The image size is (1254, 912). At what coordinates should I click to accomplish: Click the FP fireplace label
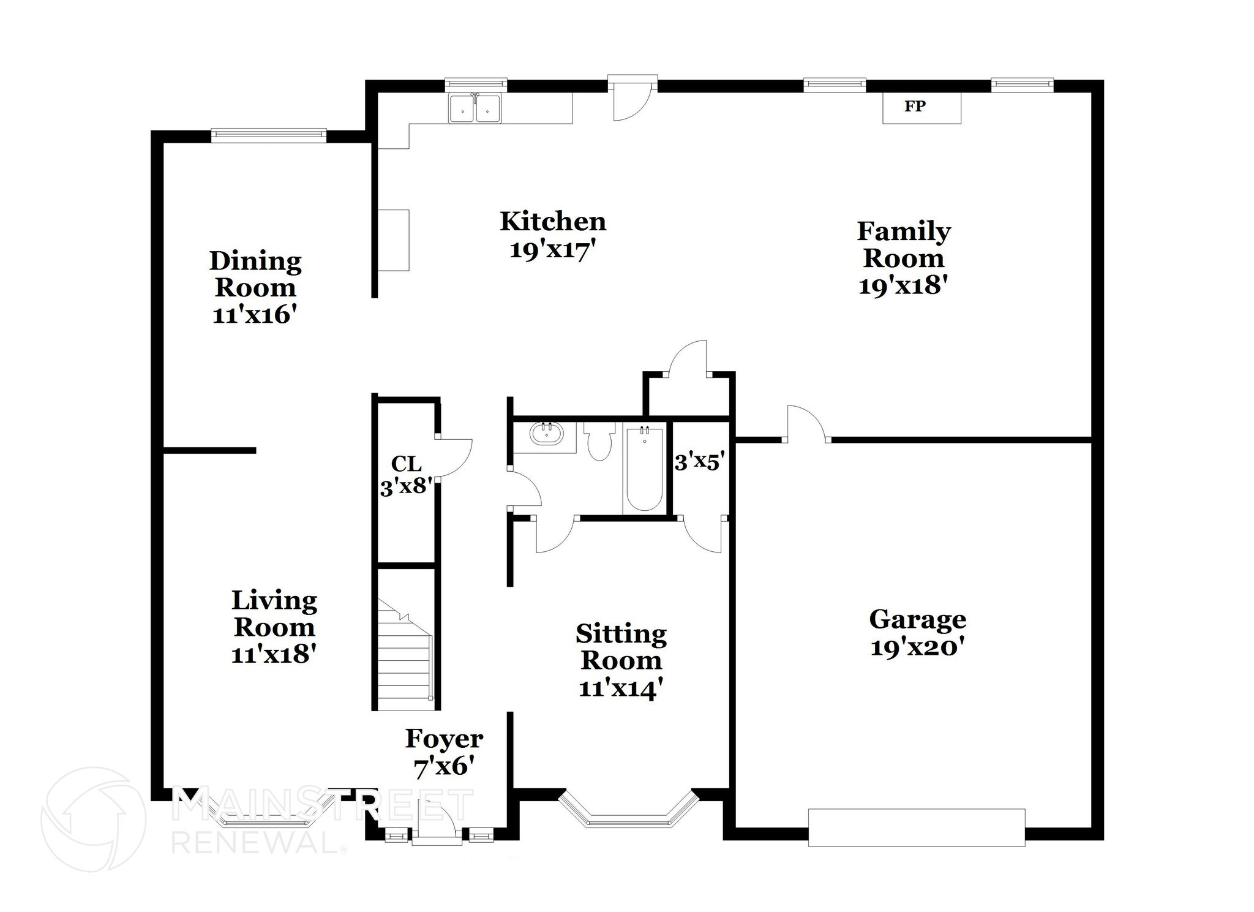[914, 107]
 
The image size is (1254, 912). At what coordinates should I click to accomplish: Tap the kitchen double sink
[475, 110]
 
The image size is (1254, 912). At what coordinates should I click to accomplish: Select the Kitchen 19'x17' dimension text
[552, 250]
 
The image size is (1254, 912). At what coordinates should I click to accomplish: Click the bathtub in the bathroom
[644, 469]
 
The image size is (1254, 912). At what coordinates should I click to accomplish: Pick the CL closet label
[407, 464]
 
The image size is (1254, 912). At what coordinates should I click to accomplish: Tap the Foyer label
[445, 739]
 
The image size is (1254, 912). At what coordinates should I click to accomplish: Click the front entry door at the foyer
[436, 824]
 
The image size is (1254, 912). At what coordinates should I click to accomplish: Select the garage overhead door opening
[916, 827]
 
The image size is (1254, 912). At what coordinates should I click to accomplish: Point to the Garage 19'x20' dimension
[917, 647]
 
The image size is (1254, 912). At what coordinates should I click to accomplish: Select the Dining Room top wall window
[268, 135]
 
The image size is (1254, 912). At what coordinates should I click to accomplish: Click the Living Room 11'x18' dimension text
[273, 655]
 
